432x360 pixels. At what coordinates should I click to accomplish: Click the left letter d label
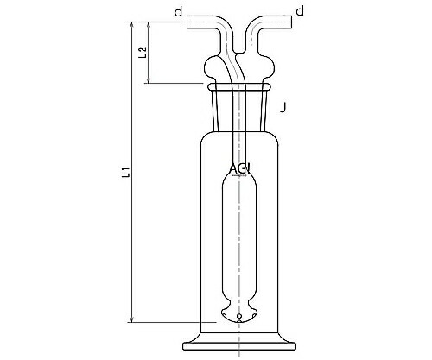177,11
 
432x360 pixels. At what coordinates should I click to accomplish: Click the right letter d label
300,11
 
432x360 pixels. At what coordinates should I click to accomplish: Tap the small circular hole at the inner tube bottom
239,318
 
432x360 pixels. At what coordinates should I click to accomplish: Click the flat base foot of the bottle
239,346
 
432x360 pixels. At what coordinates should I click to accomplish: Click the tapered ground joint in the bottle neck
239,107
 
